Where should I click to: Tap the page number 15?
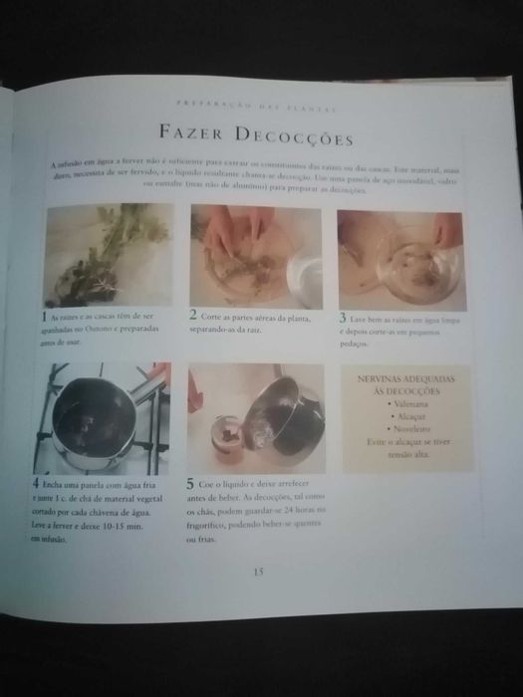(x=257, y=571)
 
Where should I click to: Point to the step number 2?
(x=193, y=315)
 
